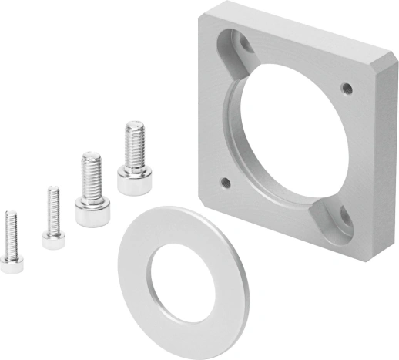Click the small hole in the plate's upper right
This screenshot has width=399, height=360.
pyautogui.click(x=347, y=86)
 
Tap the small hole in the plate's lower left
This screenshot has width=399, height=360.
pyautogui.click(x=226, y=183)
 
